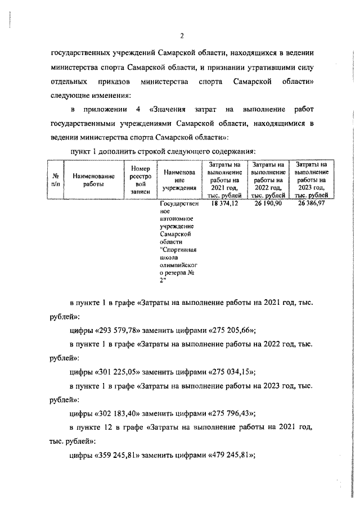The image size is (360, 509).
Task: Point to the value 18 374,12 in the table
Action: (x=224, y=204)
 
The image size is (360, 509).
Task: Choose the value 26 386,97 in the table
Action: (x=311, y=204)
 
